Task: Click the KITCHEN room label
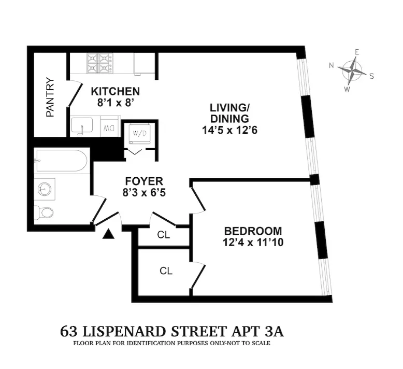pyautogui.click(x=115, y=91)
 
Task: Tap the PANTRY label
pyautogui.click(x=50, y=97)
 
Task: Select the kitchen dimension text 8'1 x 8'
pyautogui.click(x=115, y=103)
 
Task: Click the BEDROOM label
pyautogui.click(x=253, y=231)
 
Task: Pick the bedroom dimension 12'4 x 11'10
pyautogui.click(x=253, y=242)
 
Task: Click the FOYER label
pyautogui.click(x=144, y=181)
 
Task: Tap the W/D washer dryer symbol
pyautogui.click(x=140, y=133)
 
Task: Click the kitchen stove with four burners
pyautogui.click(x=100, y=63)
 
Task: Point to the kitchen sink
pyautogui.click(x=82, y=126)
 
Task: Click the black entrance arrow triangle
pyautogui.click(x=108, y=234)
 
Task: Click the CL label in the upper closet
pyautogui.click(x=164, y=235)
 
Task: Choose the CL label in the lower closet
pyautogui.click(x=166, y=271)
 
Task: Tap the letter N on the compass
pyautogui.click(x=332, y=65)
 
